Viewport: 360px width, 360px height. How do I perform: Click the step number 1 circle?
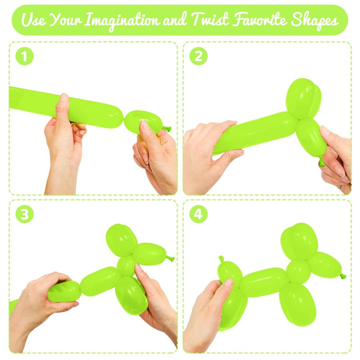point(25,56)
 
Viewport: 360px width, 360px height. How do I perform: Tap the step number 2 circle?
point(198,56)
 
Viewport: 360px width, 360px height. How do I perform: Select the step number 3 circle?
point(25,214)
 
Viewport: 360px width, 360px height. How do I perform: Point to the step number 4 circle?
point(198,214)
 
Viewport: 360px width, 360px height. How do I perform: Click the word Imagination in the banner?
point(122,20)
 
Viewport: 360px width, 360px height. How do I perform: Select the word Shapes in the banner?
point(315,20)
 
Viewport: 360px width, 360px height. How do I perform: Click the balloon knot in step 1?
point(166,129)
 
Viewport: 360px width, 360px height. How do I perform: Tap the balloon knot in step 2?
point(322,161)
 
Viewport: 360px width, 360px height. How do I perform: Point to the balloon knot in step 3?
point(170,258)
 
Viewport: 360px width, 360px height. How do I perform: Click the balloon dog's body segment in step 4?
point(264,282)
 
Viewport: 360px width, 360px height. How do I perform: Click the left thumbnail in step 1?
point(63,97)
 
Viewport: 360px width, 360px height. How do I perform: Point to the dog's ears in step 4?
point(299,241)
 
